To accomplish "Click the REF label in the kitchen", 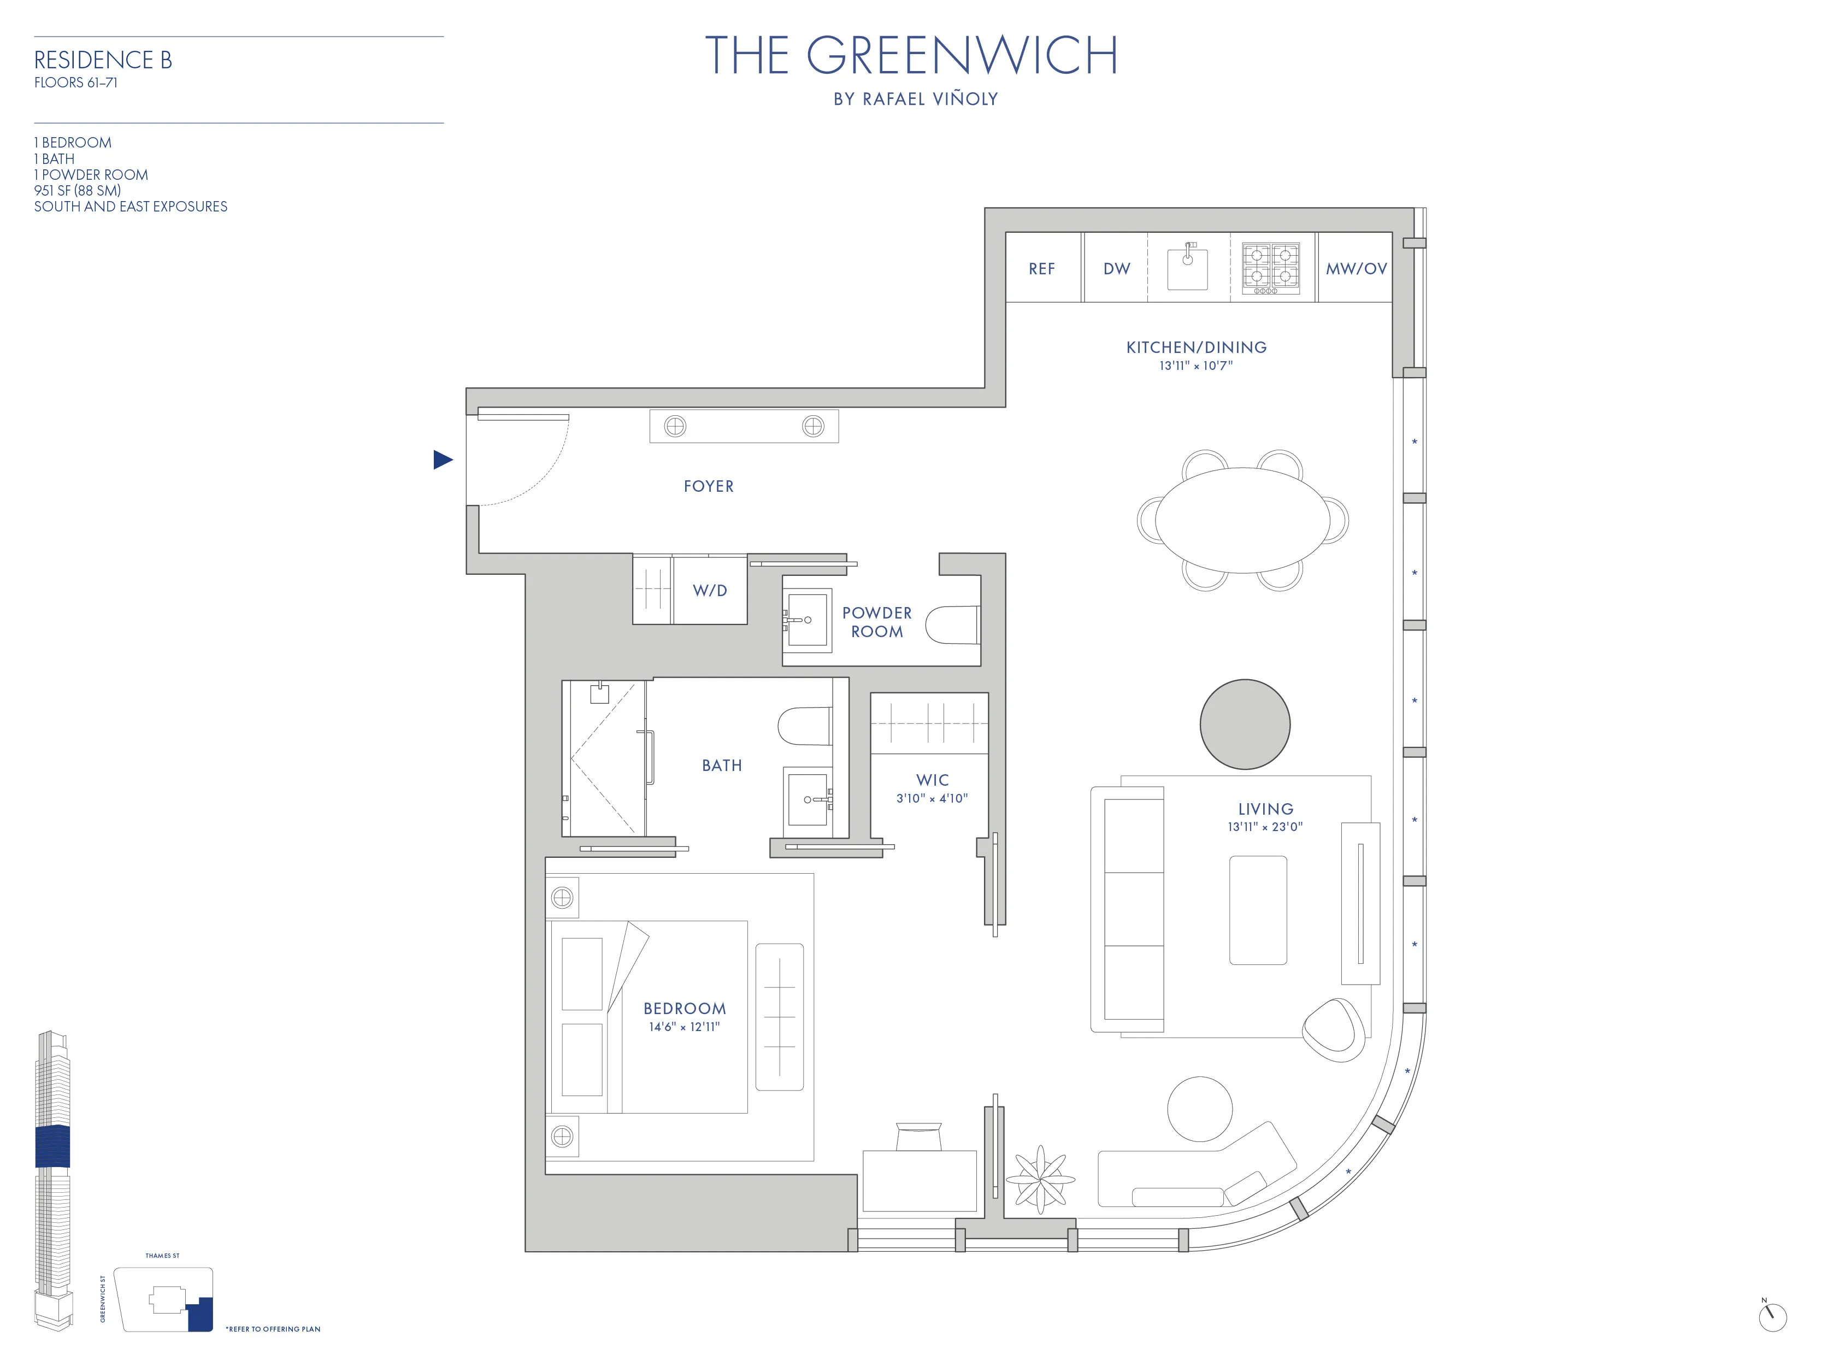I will coord(1041,268).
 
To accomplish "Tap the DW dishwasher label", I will coord(1116,268).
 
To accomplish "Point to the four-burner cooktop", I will coord(1270,268).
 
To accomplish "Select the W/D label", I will coord(710,590).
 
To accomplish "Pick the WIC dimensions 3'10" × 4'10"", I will coord(932,798).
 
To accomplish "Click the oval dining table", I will coord(1242,520).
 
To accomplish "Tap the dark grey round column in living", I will coord(1245,725).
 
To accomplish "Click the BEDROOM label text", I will coord(684,1009).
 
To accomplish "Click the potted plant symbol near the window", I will coord(1041,1179).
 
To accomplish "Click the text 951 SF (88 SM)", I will coord(78,190).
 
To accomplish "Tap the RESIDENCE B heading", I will coord(103,60).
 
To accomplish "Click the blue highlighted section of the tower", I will coord(52,1145).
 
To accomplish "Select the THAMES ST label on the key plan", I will coord(162,1256).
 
